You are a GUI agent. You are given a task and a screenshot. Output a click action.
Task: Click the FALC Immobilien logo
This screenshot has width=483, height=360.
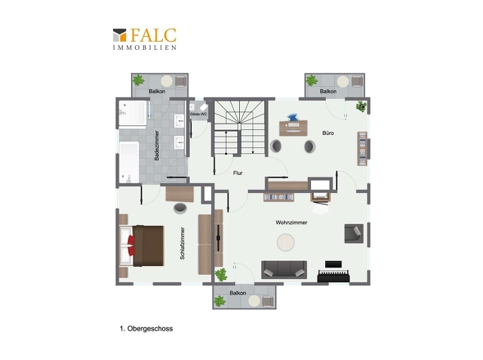pos(144,39)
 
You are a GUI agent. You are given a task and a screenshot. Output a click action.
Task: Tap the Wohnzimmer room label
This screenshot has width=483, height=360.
pos(291,223)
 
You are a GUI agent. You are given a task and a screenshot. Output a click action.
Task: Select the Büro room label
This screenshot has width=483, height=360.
pos(328,133)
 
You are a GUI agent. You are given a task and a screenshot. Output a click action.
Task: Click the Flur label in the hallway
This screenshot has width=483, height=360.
pos(237,173)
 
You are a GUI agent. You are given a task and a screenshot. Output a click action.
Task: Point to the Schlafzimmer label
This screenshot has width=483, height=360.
pos(182,243)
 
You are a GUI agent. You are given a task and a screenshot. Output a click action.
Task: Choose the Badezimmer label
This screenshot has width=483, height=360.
pos(157,146)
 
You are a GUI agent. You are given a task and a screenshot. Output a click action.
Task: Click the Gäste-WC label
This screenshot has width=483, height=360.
pos(198,115)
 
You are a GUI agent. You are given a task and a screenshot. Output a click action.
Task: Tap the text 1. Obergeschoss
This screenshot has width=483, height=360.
pos(147,329)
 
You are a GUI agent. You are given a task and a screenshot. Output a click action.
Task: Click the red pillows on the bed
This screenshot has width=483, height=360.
pos(131,245)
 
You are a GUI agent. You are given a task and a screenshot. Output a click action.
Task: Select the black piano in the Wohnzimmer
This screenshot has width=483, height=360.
pos(333,272)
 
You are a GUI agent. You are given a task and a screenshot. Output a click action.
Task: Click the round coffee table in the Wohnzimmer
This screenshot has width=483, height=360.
pos(286,242)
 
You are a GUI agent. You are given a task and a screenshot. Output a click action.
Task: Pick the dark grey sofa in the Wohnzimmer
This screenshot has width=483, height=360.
pos(284,270)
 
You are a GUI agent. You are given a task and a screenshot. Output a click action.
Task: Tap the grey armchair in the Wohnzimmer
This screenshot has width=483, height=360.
pos(354,234)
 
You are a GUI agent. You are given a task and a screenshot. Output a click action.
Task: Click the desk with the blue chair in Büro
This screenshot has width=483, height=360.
pos(293,128)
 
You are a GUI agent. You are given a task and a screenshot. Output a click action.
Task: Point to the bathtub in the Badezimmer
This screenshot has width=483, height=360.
pos(129,162)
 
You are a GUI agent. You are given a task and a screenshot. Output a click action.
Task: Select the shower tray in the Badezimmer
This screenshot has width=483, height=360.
pos(133,113)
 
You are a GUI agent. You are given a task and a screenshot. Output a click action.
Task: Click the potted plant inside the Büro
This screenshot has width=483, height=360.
pos(361,106)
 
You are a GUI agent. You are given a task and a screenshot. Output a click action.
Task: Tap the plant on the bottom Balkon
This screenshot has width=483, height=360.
pos(219,301)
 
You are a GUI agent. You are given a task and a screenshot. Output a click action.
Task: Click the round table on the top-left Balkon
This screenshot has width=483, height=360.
pos(167,81)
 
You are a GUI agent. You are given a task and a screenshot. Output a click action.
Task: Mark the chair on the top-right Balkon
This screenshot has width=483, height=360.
pos(357,82)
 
